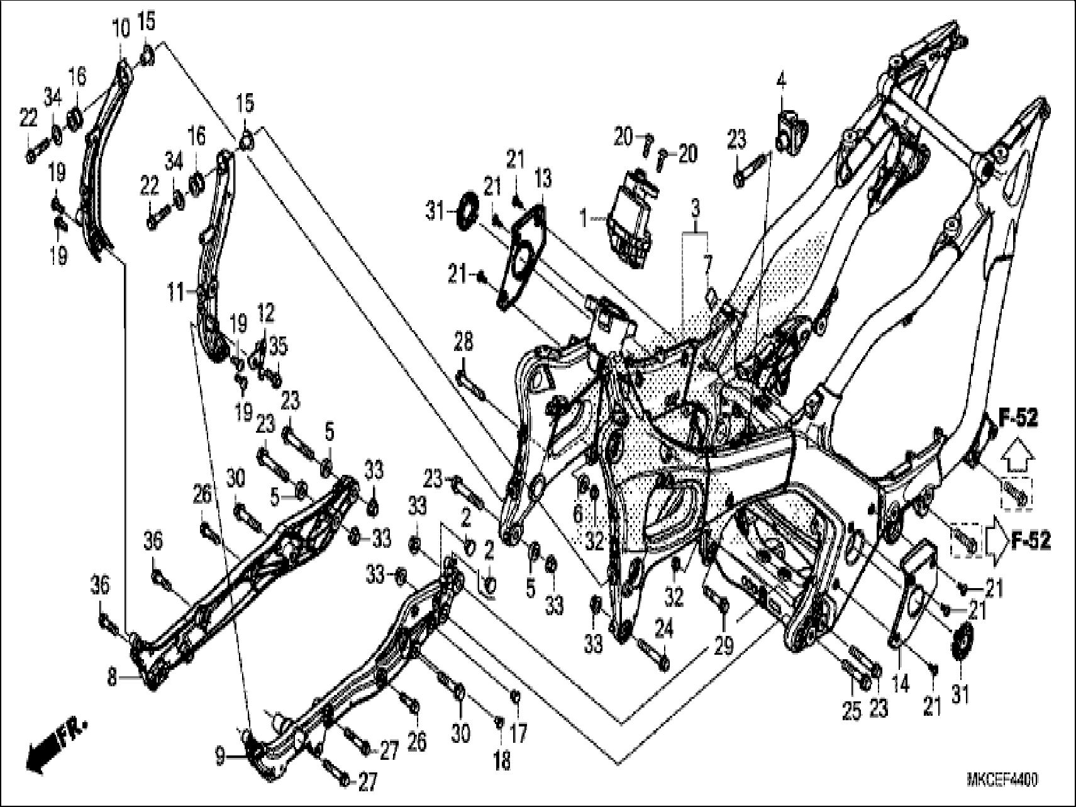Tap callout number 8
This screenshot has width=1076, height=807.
112,679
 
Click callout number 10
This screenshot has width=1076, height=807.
121,28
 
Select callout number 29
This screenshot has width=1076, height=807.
724,645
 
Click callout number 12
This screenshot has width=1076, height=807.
266,313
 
